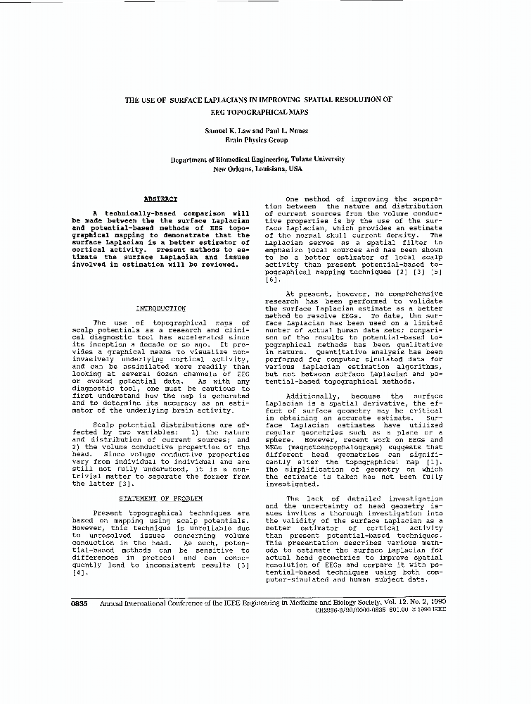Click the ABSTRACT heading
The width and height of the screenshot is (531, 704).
point(160,199)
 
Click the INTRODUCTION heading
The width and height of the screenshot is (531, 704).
point(160,308)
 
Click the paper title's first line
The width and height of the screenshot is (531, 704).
point(258,100)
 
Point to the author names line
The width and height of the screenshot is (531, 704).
point(257,131)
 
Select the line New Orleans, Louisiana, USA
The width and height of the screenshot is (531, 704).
point(257,169)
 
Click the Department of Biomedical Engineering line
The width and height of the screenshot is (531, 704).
point(257,160)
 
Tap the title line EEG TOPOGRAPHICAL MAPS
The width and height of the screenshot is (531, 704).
point(257,112)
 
